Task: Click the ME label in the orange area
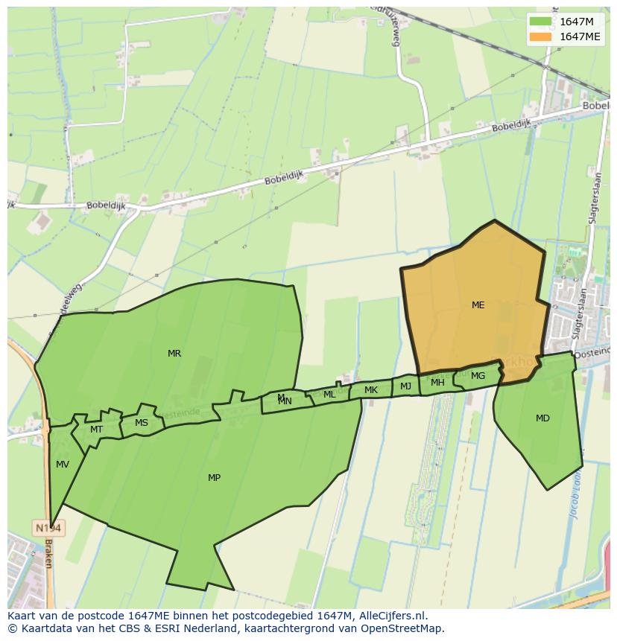[478, 304]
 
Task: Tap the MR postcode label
[174, 354]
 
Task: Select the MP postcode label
[214, 477]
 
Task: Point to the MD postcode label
[542, 418]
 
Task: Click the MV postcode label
[63, 465]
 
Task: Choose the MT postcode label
[96, 430]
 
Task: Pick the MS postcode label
[142, 423]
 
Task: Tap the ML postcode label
[329, 395]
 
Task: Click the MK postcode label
[371, 390]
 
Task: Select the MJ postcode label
[405, 386]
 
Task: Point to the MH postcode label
[437, 383]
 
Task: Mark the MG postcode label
[478, 376]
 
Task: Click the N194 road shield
[49, 528]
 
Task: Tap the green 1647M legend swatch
[540, 22]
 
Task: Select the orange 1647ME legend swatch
[540, 36]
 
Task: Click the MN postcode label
[285, 402]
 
